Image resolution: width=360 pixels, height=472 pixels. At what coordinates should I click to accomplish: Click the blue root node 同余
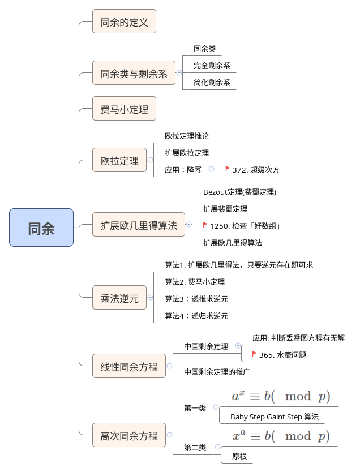tap(41, 228)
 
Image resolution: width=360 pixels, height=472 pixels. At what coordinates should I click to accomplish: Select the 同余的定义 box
tap(124, 22)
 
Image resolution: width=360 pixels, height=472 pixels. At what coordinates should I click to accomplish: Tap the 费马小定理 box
tap(124, 108)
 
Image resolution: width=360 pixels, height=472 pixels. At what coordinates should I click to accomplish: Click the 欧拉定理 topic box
tap(119, 160)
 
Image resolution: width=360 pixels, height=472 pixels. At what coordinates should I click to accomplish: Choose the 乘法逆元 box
tap(119, 298)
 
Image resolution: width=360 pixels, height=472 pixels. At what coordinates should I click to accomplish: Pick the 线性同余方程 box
tap(129, 366)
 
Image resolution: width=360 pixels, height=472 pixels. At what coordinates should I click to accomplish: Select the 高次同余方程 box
tap(129, 435)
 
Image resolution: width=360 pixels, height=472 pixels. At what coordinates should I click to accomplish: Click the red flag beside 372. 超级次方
tap(228, 169)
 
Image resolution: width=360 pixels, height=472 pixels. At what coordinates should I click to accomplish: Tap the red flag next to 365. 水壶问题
tap(254, 354)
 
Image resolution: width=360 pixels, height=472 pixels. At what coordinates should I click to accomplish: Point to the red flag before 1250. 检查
tap(205, 225)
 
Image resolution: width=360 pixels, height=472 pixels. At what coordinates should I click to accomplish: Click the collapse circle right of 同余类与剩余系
tap(179, 72)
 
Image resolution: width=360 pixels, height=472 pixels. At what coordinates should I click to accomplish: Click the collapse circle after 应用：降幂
tap(212, 169)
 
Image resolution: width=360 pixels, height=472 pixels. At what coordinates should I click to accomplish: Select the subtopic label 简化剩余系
tap(212, 83)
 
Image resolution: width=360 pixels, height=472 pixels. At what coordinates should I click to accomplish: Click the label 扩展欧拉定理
tap(187, 153)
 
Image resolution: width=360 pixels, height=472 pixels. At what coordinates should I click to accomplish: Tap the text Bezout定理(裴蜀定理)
tap(239, 192)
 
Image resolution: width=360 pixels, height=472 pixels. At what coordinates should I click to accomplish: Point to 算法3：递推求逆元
tap(196, 299)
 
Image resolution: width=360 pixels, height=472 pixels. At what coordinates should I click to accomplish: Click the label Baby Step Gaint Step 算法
tap(275, 417)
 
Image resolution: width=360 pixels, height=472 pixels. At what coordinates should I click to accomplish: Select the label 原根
tap(239, 456)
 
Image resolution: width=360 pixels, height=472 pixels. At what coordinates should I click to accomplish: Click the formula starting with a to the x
tap(281, 396)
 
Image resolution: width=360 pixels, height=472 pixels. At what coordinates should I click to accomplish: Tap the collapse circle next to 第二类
tap(217, 447)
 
